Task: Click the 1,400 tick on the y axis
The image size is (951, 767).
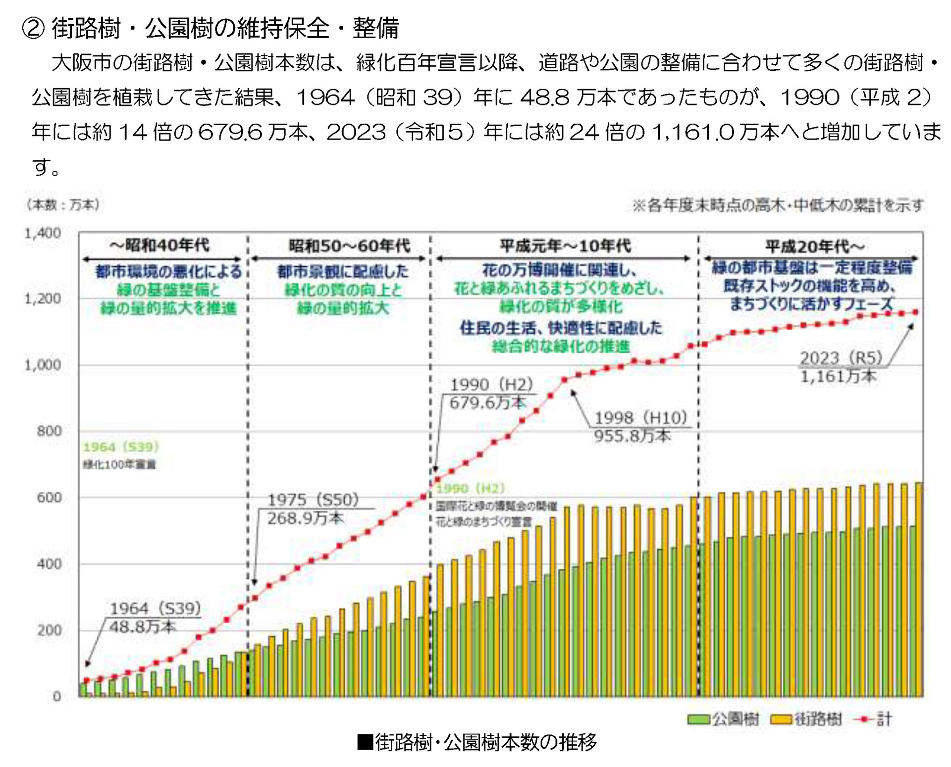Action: click(x=43, y=233)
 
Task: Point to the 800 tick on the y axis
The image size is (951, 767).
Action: click(x=49, y=431)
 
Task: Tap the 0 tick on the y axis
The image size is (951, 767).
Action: click(x=56, y=696)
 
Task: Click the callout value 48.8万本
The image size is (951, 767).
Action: click(x=143, y=627)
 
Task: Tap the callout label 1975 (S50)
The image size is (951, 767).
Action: click(x=313, y=500)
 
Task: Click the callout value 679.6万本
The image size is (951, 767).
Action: click(x=487, y=403)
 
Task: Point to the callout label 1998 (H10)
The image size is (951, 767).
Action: click(x=640, y=418)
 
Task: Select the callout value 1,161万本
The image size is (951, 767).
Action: click(x=838, y=377)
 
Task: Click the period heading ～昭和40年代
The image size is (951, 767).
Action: click(x=159, y=245)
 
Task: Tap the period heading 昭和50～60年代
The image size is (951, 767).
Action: click(x=349, y=246)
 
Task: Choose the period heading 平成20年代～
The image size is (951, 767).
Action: click(x=815, y=246)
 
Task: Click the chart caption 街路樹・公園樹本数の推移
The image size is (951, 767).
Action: click(x=485, y=742)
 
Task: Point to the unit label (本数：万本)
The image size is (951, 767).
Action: click(x=63, y=205)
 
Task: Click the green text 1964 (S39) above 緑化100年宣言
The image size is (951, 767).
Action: click(x=121, y=447)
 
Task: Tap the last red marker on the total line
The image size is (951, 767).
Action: click(x=915, y=312)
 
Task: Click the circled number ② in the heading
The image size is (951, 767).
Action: click(x=34, y=28)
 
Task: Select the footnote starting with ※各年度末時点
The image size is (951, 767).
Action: click(x=778, y=205)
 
